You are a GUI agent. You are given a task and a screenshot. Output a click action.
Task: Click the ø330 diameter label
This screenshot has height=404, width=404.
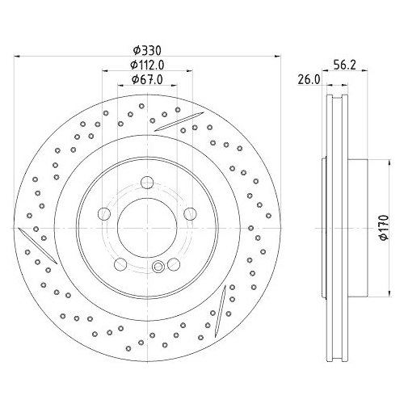click(x=147, y=50)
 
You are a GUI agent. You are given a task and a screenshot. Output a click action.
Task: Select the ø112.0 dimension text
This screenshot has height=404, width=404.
click(x=147, y=65)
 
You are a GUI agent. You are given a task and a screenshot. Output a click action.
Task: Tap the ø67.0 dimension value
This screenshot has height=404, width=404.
click(x=147, y=79)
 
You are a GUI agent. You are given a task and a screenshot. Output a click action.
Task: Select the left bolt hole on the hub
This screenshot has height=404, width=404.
click(x=104, y=213)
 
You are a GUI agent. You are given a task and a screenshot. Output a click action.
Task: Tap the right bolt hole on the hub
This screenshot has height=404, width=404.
click(x=190, y=213)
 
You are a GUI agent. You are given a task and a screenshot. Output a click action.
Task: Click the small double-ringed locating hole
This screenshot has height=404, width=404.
click(x=159, y=267)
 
